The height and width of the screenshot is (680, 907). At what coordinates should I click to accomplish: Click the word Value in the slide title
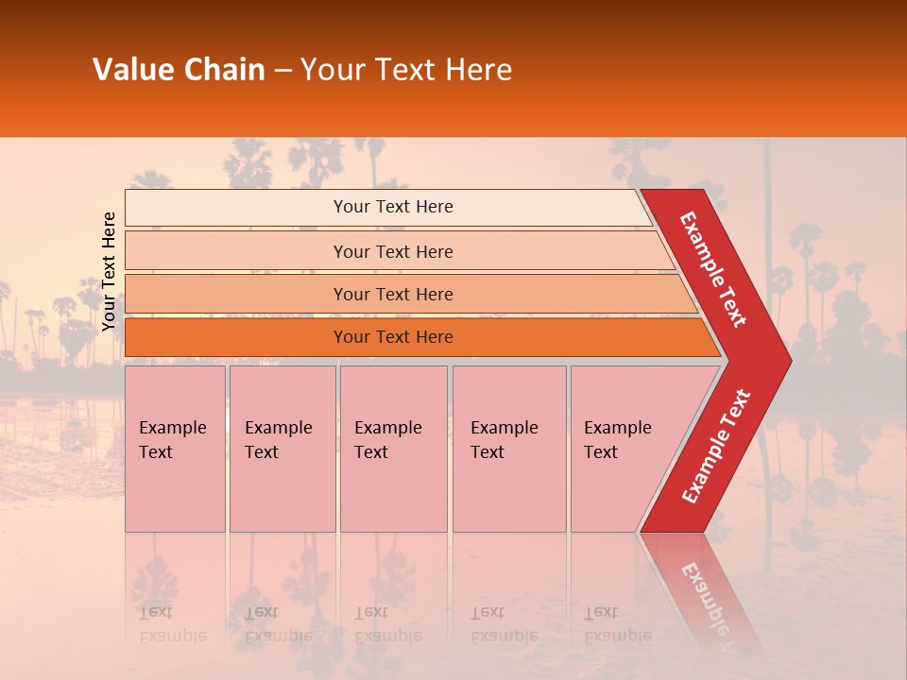pos(130,70)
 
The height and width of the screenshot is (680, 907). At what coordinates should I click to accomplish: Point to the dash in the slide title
pos(282,71)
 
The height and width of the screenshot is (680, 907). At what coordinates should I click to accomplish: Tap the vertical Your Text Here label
pos(109,272)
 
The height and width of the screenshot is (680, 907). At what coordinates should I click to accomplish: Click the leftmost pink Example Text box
pos(175,449)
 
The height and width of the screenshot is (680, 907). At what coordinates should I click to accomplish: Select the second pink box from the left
pos(282,449)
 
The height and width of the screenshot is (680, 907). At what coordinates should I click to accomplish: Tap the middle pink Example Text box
pos(393,449)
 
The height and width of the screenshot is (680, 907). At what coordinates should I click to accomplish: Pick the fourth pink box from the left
pos(508,449)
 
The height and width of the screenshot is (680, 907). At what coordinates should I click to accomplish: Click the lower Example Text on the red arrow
pos(716,447)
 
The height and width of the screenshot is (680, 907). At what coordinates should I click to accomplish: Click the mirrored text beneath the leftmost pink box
pos(172,623)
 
